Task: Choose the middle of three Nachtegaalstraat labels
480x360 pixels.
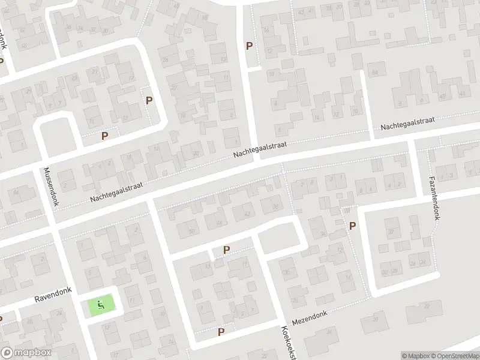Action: tap(262, 151)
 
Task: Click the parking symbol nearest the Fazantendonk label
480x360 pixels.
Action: tap(352, 226)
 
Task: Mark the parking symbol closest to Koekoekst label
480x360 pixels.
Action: tap(221, 332)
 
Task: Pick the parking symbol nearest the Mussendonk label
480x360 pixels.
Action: tap(104, 136)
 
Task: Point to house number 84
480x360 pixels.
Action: tap(376, 73)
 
